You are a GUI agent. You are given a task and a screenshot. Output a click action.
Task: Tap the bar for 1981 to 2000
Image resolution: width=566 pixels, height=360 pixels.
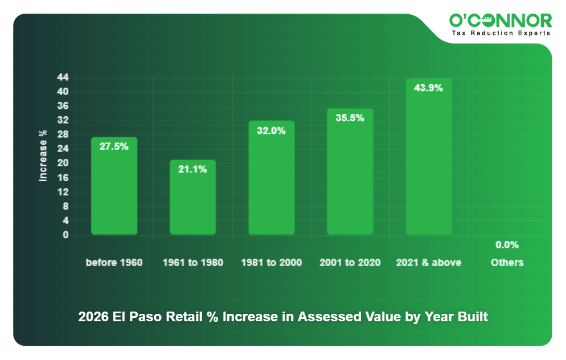pos(272,182)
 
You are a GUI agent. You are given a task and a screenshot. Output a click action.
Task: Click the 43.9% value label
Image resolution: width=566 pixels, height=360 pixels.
pos(428,88)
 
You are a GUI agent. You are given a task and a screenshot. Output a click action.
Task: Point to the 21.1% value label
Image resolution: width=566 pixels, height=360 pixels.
pos(192,169)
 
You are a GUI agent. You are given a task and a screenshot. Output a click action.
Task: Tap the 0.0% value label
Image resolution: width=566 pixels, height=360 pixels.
pos(507,245)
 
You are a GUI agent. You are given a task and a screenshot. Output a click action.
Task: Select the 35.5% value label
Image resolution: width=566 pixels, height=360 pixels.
pos(350,118)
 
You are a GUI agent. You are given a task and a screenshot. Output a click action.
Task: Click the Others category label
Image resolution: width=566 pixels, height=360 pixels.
pos(507,263)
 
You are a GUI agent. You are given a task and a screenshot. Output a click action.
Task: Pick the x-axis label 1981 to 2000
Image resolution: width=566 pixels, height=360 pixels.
pos(272,263)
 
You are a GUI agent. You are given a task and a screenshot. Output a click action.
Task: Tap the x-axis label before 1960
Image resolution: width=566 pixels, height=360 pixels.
pos(114,263)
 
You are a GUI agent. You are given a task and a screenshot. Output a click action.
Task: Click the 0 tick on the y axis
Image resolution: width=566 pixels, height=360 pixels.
pos(65,235)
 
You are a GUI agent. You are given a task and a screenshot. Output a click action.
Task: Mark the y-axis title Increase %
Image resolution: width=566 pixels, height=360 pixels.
pos(43,156)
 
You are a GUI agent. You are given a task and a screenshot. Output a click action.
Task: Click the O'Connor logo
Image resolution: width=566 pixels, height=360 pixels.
pos(500,21)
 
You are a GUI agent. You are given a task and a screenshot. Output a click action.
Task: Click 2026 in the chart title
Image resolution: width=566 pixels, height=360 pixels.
pos(91,317)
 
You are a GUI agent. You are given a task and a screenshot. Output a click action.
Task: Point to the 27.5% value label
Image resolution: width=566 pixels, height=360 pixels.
pos(114,146)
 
